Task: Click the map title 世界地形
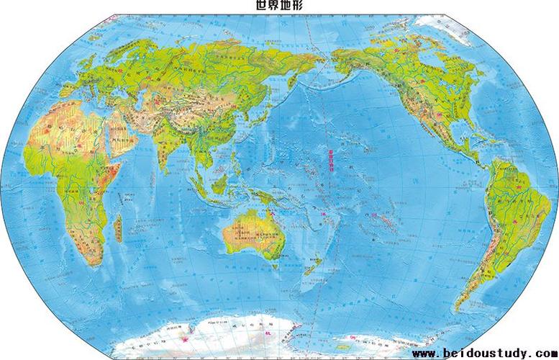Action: tap(280, 6)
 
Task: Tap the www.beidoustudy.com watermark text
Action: tap(483, 354)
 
